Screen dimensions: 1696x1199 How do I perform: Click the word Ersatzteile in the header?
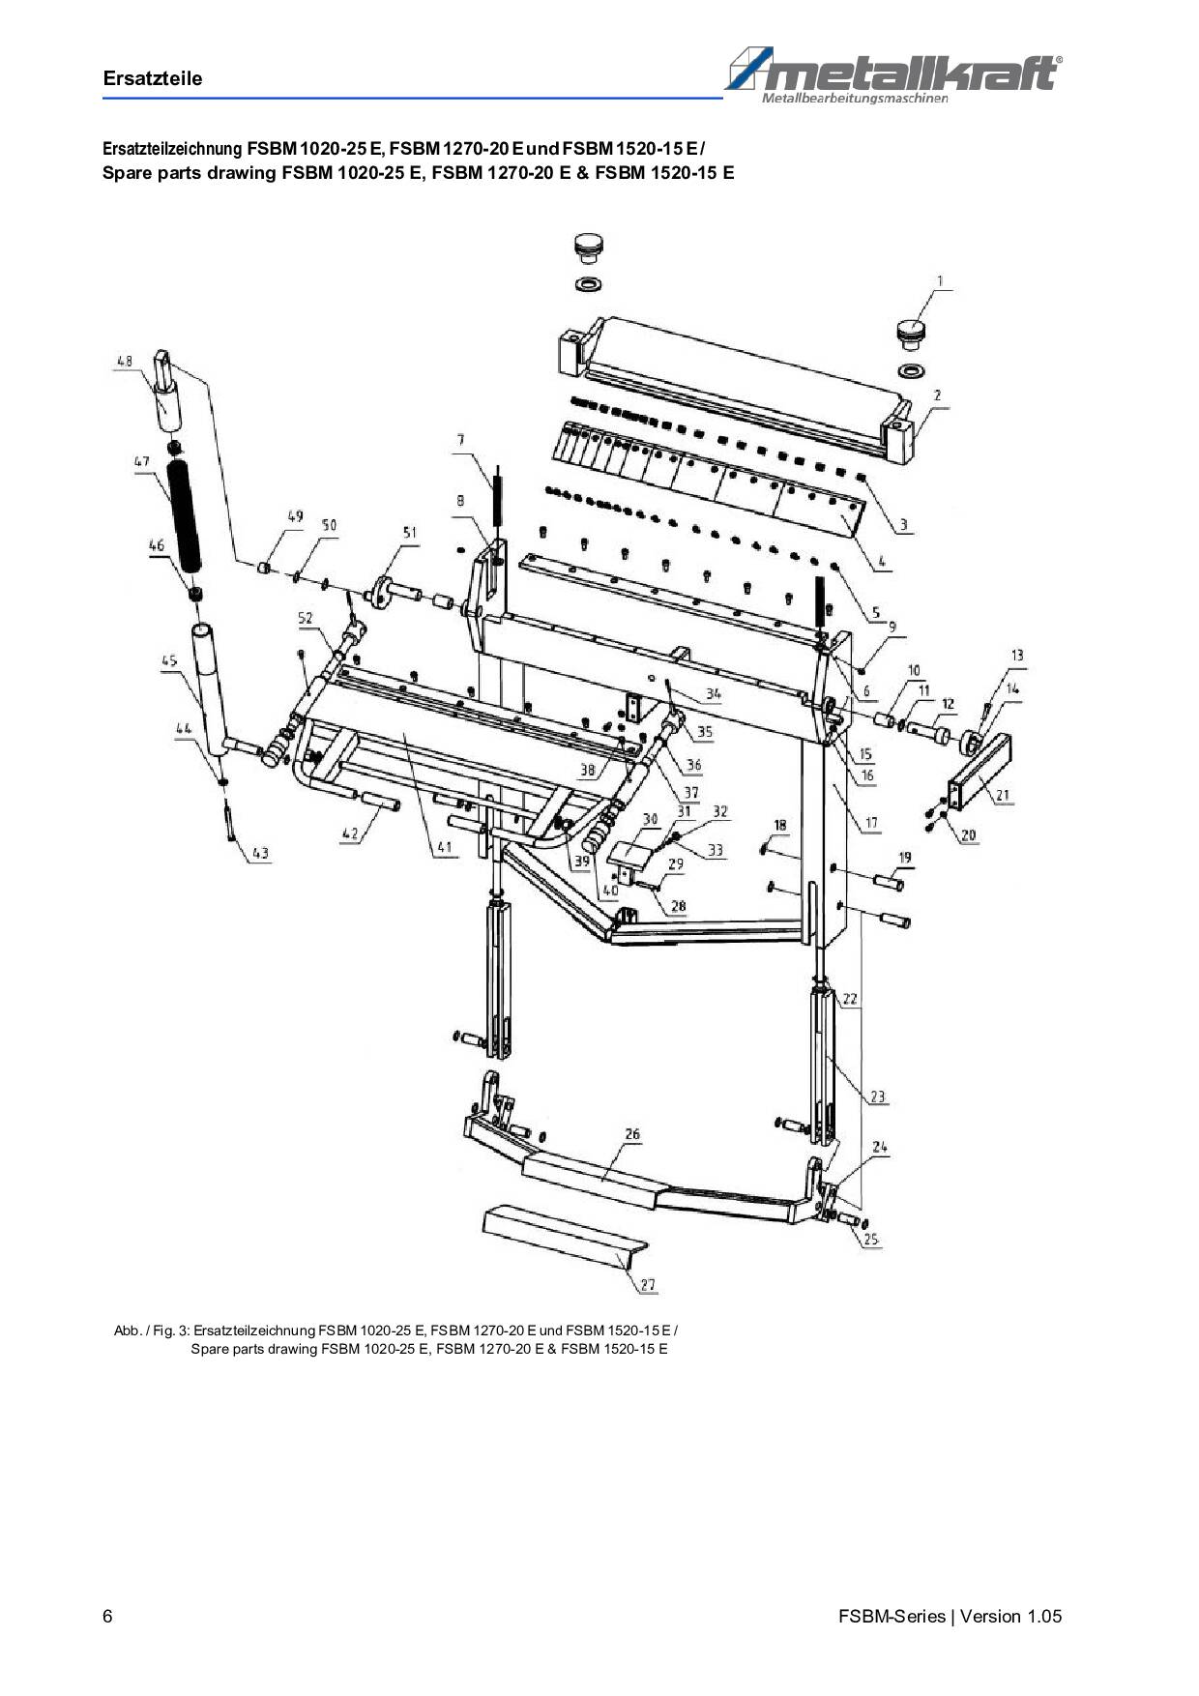153,79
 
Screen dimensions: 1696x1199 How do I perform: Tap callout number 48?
125,362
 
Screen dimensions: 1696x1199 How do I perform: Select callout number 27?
648,1285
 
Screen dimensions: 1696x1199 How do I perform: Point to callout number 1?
939,281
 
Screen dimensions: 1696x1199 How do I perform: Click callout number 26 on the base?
632,1134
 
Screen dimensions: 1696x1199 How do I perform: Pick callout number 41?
444,847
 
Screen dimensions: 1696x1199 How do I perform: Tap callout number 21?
1003,796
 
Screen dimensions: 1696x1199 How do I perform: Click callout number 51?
410,533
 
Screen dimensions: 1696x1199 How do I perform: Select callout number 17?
871,823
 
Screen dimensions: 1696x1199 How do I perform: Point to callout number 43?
259,854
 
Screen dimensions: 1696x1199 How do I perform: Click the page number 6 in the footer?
107,1616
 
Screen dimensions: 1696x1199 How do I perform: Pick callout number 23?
878,1097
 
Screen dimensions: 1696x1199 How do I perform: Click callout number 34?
714,694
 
